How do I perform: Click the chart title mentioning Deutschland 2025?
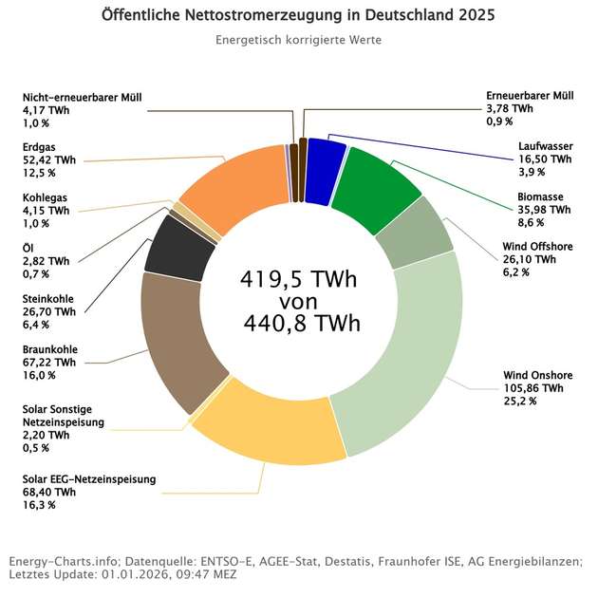tap(298, 17)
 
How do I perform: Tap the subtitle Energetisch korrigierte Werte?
tap(298, 42)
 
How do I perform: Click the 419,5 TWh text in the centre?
tap(298, 281)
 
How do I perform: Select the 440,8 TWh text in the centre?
tap(298, 325)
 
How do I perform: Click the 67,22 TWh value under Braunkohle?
tap(48, 362)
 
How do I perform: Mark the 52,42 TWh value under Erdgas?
tap(48, 159)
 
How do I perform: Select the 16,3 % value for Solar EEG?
tap(38, 505)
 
